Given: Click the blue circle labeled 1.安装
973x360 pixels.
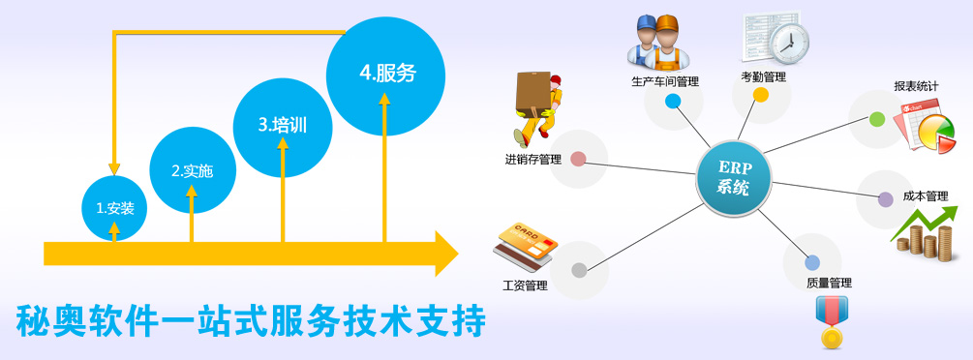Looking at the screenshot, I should [114, 207].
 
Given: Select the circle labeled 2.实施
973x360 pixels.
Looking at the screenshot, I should [192, 170].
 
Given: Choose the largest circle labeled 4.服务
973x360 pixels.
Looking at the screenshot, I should [385, 74].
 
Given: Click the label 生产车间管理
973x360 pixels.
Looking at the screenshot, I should [664, 81].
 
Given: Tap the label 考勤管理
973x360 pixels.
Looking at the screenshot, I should [764, 76].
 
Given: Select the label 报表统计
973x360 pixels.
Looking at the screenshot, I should [917, 86].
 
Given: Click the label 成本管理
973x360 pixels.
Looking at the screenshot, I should [925, 195].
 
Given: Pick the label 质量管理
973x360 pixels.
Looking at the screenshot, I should [829, 283].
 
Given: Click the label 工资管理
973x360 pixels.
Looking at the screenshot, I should [525, 285].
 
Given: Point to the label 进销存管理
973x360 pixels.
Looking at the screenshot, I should [532, 159].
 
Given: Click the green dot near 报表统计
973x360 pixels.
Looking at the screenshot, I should [877, 119].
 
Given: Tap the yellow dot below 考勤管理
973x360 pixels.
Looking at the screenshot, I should [761, 95].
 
